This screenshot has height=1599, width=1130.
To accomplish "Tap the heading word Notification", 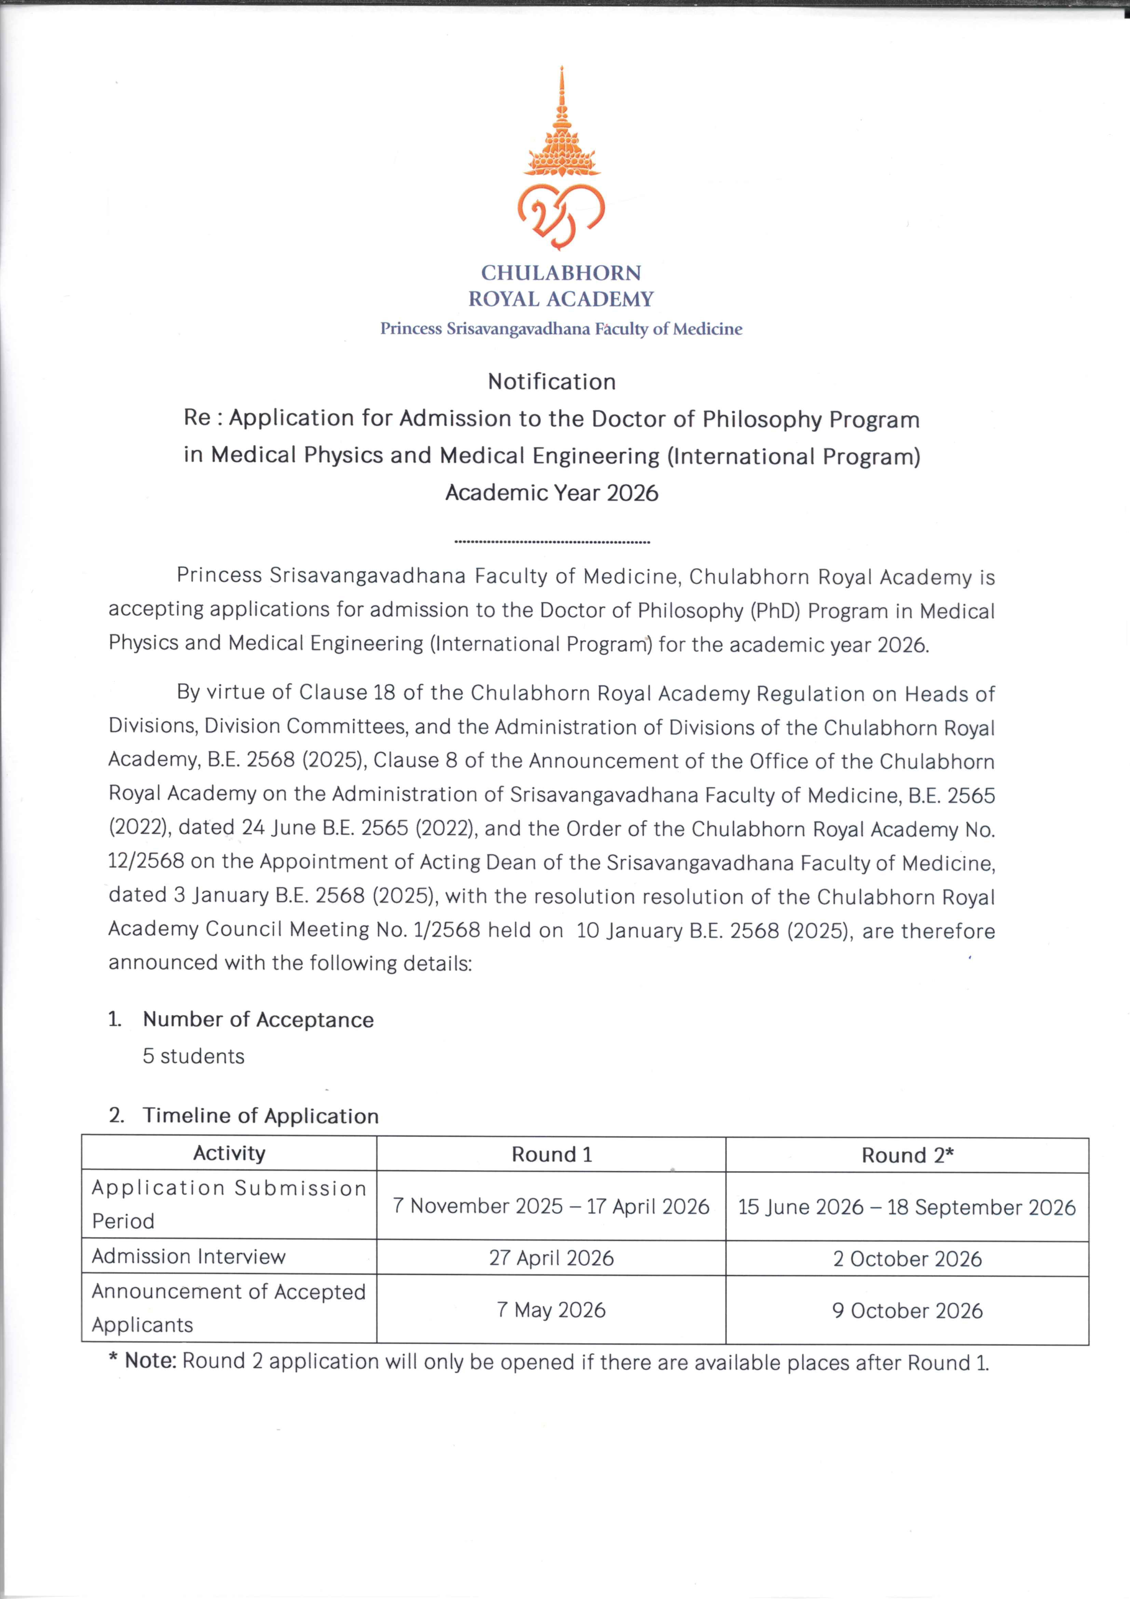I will (552, 382).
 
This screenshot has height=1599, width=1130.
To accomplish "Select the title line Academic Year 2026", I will (552, 493).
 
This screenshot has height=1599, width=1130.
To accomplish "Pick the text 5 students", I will (193, 1056).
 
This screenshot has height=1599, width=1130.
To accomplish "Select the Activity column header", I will (229, 1153).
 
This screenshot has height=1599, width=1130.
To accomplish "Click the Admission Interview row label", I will (189, 1257).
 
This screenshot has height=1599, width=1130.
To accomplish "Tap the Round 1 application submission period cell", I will (552, 1206).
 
